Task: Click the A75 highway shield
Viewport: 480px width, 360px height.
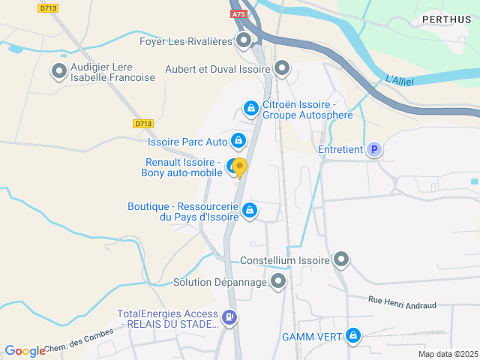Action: pos(239,13)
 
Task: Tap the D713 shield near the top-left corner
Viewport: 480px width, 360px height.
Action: pos(48,7)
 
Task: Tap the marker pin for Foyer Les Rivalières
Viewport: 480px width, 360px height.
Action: pos(244,40)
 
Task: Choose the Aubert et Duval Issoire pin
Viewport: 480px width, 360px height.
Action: pos(282,69)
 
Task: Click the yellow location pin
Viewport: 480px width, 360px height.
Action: pos(239,167)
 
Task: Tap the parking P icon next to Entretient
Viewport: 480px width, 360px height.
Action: pos(373,150)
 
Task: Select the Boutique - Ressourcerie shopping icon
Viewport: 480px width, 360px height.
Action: pos(250,211)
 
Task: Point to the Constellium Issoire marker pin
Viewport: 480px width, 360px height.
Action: pos(341,260)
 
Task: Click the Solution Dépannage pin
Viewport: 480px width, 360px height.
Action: pos(278,282)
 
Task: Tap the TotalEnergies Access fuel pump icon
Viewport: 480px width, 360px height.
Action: pos(229,319)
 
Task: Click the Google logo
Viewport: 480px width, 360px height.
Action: pos(25,350)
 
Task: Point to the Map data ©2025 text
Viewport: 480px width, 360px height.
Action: pos(447,354)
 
